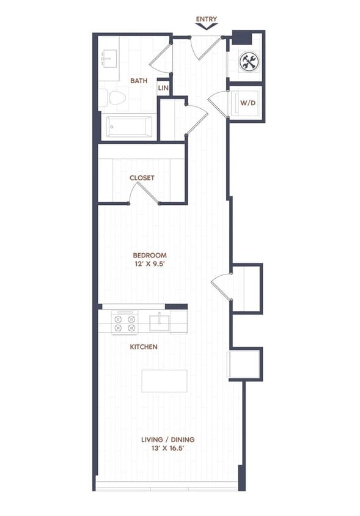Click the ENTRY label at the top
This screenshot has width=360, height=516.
coord(206,20)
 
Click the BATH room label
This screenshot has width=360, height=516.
coord(138,80)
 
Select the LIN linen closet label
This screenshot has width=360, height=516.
coord(163,88)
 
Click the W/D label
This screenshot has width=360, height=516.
coord(248,103)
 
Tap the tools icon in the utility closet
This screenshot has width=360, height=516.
coord(248,61)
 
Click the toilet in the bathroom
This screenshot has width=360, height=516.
coord(112,98)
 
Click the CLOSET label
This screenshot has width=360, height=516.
coord(142,178)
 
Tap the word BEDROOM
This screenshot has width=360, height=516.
coord(150,256)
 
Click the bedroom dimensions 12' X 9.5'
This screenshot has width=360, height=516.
coord(150,265)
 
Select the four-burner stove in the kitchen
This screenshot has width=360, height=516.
coord(124,323)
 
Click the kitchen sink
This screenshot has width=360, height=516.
coord(160,322)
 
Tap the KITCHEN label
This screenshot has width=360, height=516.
coord(144,347)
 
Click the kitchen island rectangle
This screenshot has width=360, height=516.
coord(164,380)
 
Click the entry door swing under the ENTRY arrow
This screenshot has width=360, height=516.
coord(204,47)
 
